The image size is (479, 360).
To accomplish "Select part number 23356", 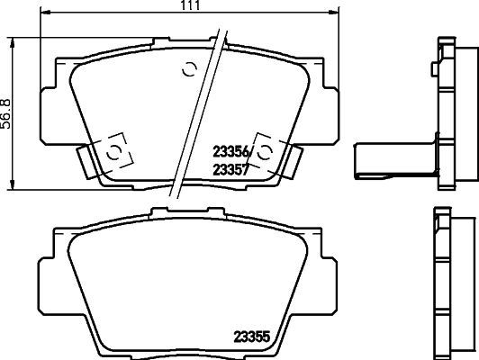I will point(229,151).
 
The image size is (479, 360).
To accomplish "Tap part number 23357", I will point(229,167).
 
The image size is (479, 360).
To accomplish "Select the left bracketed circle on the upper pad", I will point(113,151).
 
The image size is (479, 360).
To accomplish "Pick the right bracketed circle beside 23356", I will point(268,151).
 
